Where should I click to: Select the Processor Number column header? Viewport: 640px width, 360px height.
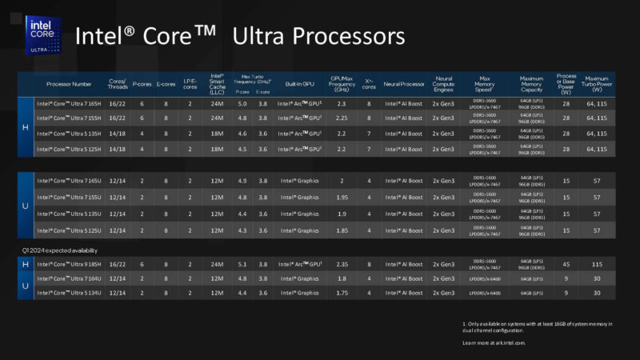tap(69, 82)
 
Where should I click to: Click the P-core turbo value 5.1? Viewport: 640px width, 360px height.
tap(242, 262)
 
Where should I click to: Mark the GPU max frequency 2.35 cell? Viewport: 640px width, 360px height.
tap(342, 262)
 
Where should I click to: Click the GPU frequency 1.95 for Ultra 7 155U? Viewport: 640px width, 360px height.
tap(342, 197)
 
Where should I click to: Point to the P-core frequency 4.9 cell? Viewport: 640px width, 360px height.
tap(242, 181)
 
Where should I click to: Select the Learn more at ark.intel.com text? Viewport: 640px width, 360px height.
tap(494, 342)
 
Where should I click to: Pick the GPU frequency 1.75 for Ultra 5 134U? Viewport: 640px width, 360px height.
tap(342, 293)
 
